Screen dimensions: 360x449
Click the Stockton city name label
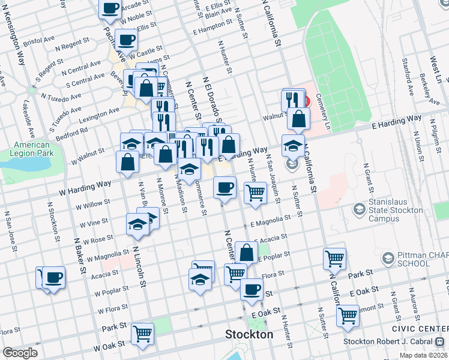coord(249,334)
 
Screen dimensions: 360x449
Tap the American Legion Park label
coord(32,149)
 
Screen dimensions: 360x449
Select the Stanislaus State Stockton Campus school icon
coord(360,209)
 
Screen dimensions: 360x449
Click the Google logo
coord(19,353)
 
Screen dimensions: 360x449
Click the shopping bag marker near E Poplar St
coord(246,251)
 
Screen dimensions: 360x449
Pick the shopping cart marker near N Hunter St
coord(256,193)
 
